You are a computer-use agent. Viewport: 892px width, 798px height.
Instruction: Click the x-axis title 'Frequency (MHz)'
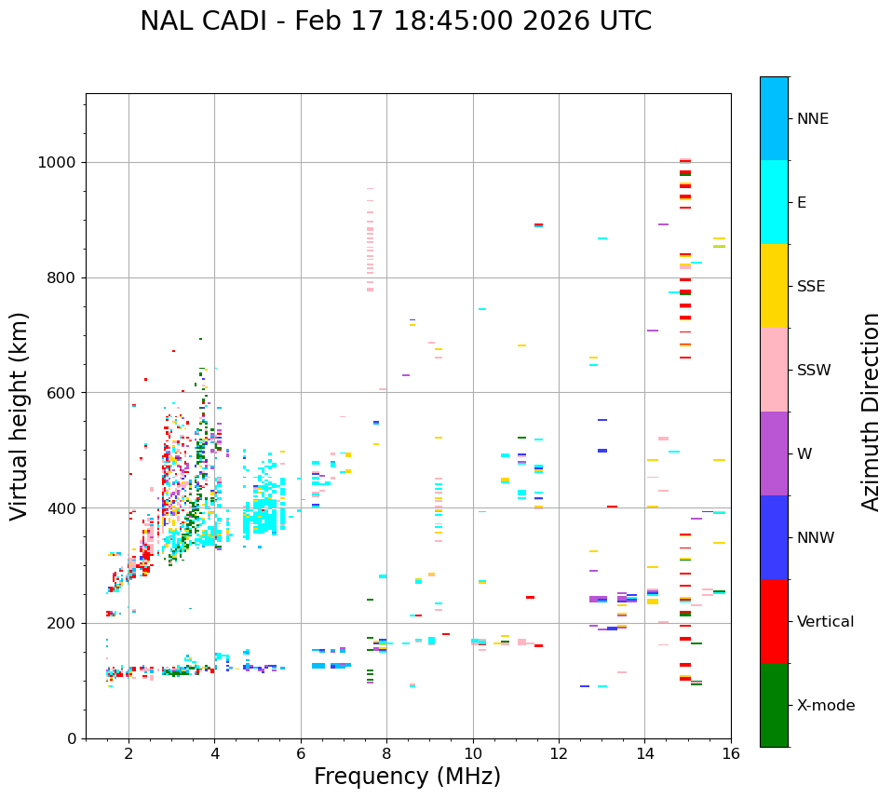407,777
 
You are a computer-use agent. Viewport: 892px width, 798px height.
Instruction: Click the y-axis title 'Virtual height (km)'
20,415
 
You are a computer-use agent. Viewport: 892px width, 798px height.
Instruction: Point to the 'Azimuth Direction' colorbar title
871,412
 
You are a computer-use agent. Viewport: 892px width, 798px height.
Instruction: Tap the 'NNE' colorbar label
813,119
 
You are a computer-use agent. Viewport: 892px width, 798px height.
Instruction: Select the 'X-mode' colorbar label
826,706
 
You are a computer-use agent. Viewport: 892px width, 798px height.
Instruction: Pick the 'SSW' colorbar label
814,371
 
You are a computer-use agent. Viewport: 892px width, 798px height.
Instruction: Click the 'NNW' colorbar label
817,538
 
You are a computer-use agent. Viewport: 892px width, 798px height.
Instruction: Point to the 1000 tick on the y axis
61,163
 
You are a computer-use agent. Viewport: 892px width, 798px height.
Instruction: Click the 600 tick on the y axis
66,393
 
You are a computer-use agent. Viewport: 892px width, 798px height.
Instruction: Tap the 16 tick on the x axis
731,753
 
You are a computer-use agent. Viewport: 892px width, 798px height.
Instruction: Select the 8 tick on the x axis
386,753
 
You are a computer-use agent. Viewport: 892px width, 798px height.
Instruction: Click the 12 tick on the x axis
559,753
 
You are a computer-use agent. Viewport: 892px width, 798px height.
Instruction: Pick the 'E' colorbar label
802,203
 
